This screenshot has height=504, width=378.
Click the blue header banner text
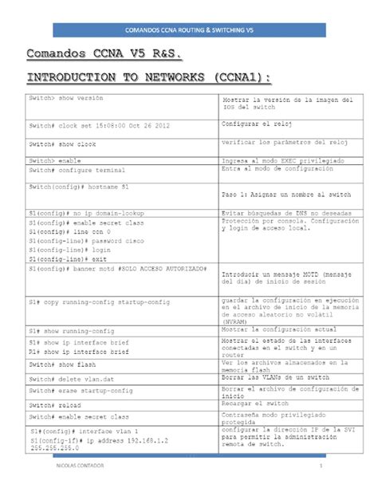pyautogui.click(x=189, y=30)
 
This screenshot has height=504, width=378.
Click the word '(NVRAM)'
pyautogui.click(x=236, y=321)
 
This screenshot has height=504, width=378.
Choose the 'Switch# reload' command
pyautogui.click(x=56, y=404)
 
